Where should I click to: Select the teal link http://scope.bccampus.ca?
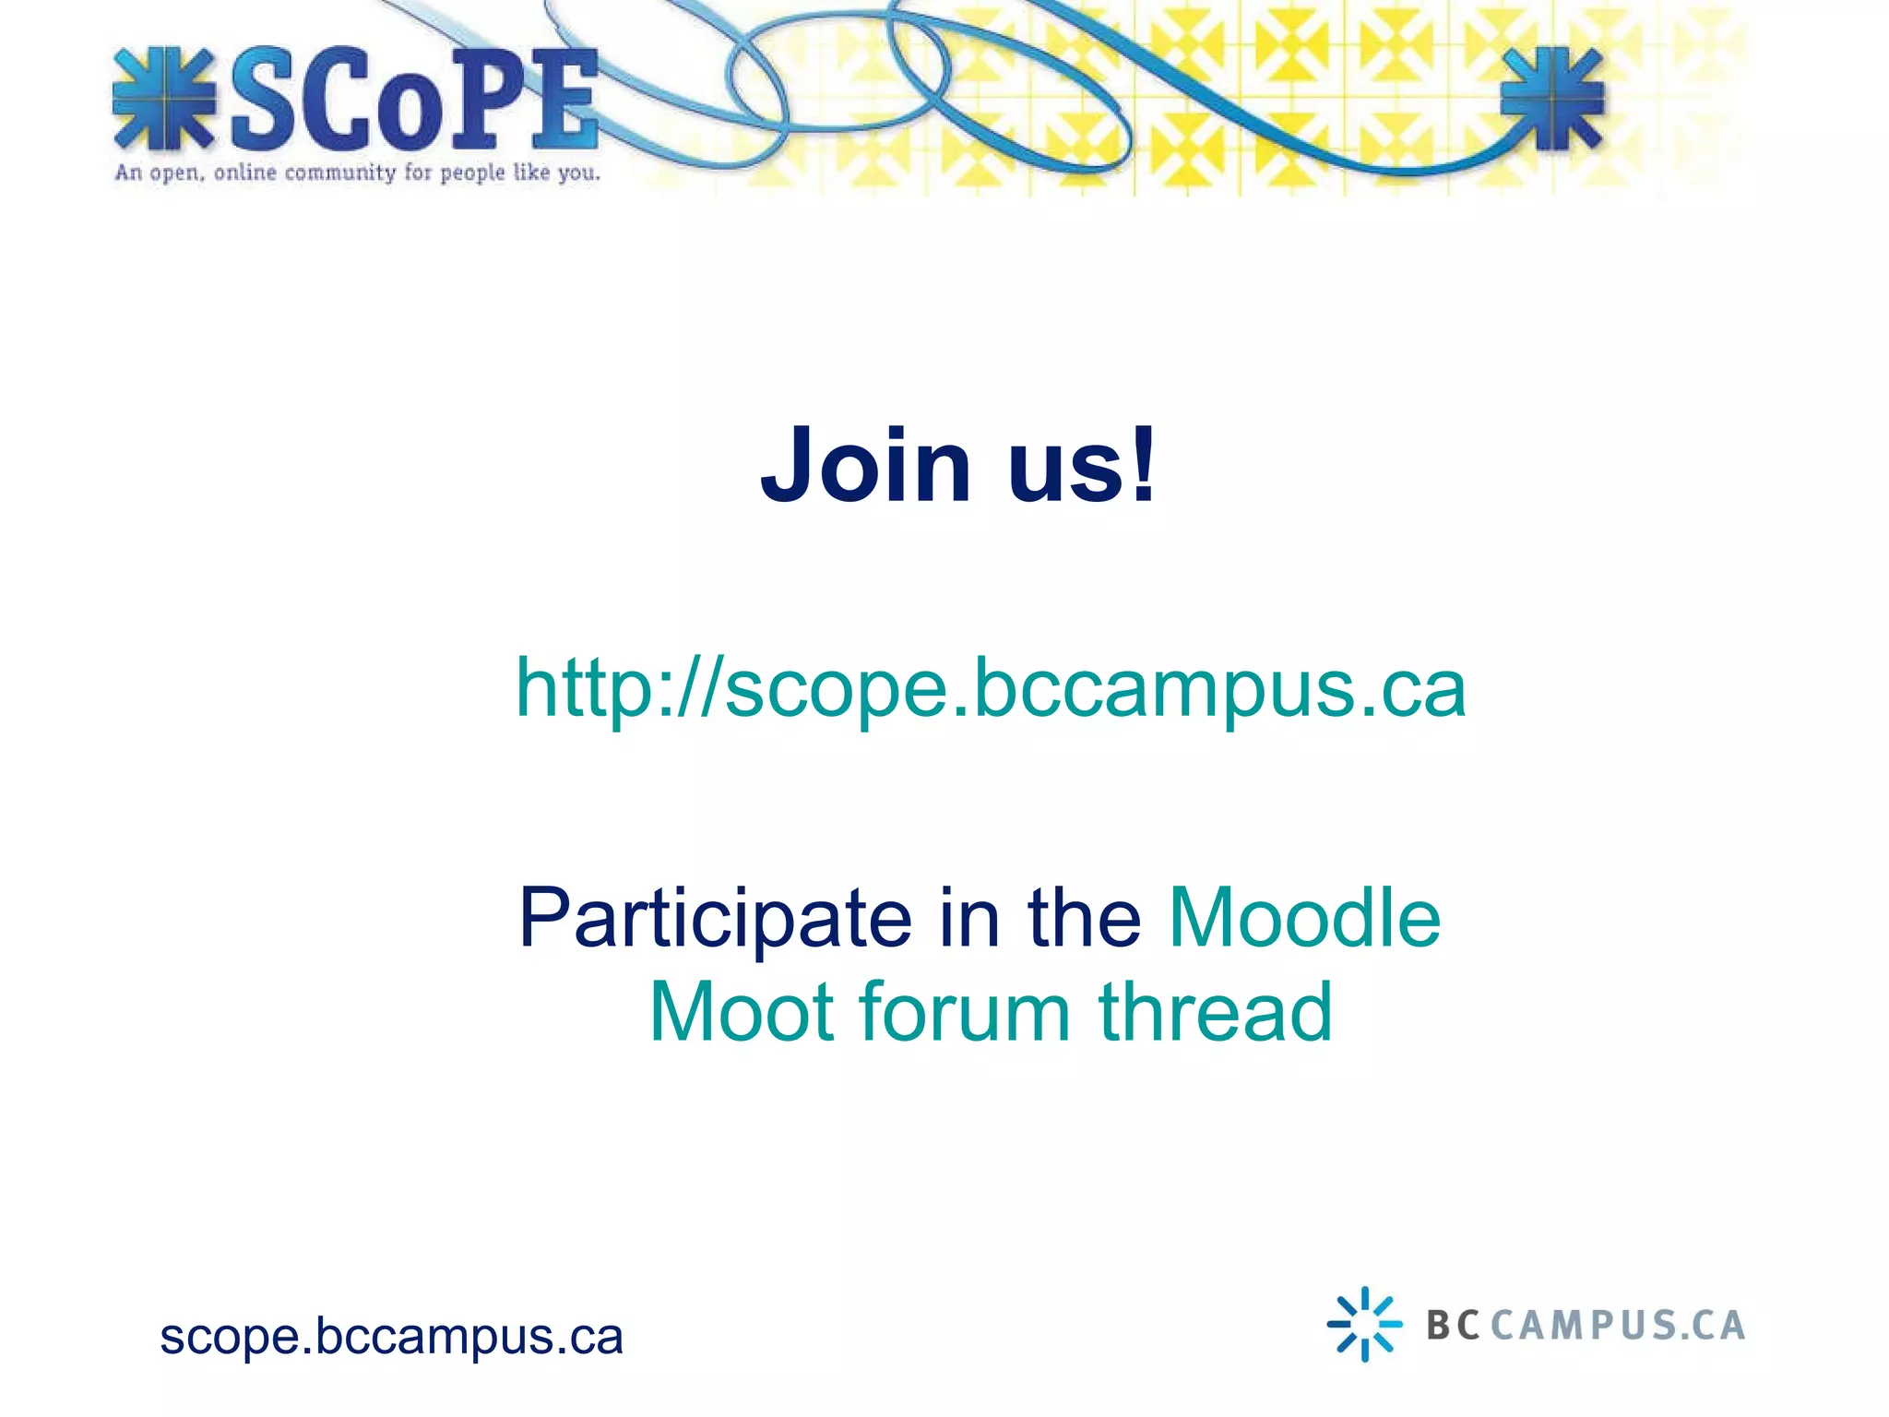990,688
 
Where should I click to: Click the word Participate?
715,920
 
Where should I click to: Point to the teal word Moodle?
1304,918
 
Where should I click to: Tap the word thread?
1215,1012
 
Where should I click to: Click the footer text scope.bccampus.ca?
391,1336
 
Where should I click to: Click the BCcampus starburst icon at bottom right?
1364,1324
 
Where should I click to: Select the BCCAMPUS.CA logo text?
1586,1325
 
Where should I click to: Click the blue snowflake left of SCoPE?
164,99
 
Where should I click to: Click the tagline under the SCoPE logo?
357,173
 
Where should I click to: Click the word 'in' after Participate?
968,918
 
